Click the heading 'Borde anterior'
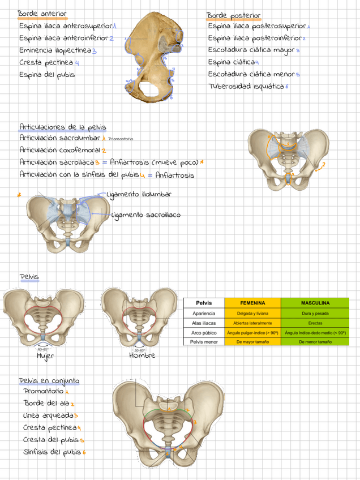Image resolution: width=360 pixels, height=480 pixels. (x=42, y=13)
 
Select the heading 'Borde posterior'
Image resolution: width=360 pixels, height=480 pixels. (x=233, y=15)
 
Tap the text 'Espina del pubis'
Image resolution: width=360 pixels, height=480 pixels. (x=47, y=74)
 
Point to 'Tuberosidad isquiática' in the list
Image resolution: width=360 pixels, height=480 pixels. (x=246, y=87)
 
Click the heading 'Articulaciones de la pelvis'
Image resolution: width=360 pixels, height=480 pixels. (x=62, y=127)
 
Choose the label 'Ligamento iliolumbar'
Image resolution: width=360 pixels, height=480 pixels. (x=139, y=194)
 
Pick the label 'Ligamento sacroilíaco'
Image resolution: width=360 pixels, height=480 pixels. (x=146, y=215)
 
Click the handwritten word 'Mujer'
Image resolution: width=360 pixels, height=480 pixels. (x=45, y=356)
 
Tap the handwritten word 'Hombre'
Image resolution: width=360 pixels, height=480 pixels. (x=142, y=355)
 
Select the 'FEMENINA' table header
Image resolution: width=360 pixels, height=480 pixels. (x=252, y=303)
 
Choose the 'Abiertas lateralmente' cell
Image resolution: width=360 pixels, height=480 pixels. (x=252, y=323)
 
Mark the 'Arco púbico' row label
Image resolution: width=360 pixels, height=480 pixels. (x=203, y=332)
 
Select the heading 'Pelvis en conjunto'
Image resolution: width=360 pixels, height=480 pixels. (x=49, y=380)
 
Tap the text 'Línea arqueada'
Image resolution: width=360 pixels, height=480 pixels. (x=48, y=415)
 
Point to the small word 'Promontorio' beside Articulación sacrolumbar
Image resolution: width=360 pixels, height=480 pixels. (x=121, y=139)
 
